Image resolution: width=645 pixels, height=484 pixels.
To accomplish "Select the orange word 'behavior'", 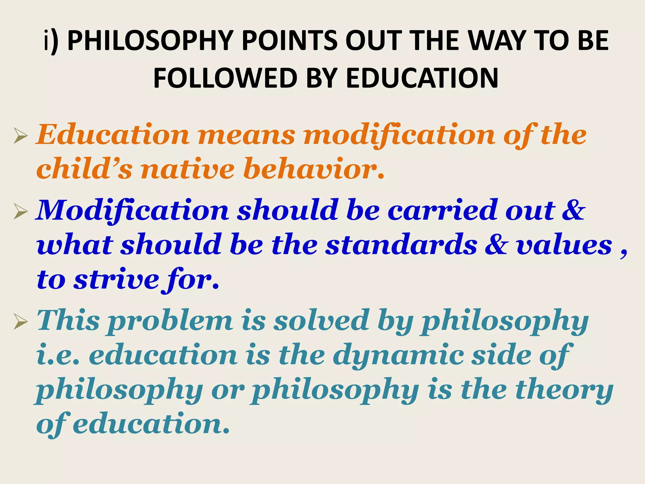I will (x=314, y=170).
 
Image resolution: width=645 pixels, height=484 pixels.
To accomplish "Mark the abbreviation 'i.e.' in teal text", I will (x=58, y=356).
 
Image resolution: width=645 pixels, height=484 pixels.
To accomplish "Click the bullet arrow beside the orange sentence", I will (x=20, y=137).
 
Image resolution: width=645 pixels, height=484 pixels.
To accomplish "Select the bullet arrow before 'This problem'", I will (x=20, y=323).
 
